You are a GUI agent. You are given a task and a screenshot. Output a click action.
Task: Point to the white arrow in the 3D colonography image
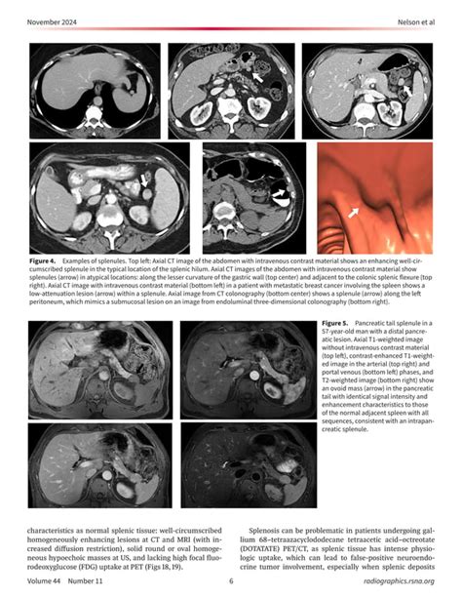tap(355, 210)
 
